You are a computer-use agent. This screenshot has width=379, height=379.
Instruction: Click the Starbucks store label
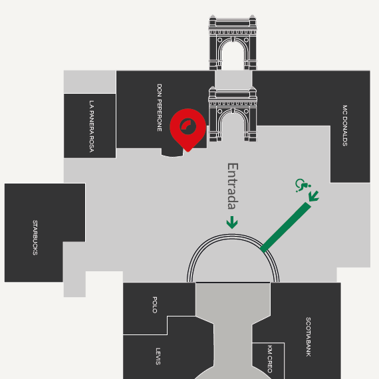[35, 237]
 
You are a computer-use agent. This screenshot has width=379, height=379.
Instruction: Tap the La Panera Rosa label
[92, 126]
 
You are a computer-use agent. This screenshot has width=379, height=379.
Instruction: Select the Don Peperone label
[160, 108]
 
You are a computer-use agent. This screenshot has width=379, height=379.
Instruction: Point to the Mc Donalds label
[345, 126]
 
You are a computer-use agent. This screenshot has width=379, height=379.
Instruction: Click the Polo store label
[155, 305]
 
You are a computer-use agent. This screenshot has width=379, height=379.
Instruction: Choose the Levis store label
[158, 356]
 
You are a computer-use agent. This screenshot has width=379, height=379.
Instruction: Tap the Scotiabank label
[309, 336]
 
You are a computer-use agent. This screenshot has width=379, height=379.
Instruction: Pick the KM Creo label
[270, 359]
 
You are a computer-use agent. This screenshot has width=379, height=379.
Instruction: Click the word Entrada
[233, 186]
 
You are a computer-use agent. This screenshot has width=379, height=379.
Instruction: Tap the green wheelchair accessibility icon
[303, 185]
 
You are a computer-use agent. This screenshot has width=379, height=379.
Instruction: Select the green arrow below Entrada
[232, 222]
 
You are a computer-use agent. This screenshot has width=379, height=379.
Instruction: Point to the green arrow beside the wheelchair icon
[314, 196]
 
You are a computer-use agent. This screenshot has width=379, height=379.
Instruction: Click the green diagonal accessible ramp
[285, 227]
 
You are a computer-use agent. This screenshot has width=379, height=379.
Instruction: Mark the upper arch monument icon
[233, 43]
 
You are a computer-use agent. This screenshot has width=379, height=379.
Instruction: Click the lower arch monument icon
[233, 114]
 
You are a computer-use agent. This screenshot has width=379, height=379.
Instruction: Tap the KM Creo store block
[269, 360]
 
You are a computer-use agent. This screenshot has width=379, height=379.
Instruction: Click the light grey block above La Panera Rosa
[90, 82]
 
